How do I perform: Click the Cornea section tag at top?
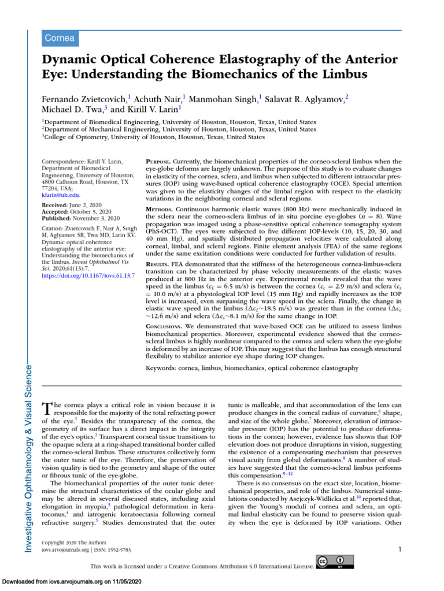click(60, 38)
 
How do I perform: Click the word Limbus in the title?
click(341, 74)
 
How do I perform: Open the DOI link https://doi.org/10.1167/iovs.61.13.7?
click(88, 276)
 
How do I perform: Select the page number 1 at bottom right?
click(399, 549)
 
